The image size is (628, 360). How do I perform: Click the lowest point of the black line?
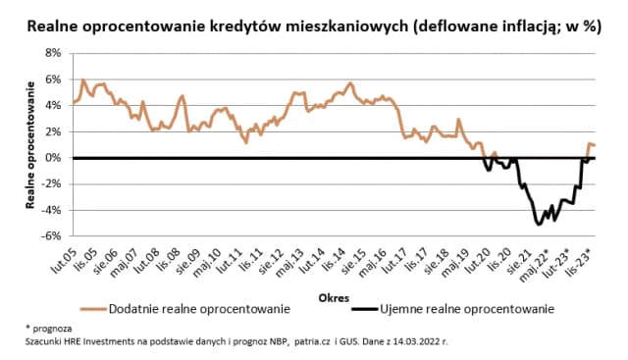(539, 224)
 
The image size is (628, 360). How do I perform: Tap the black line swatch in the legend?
(364, 309)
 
